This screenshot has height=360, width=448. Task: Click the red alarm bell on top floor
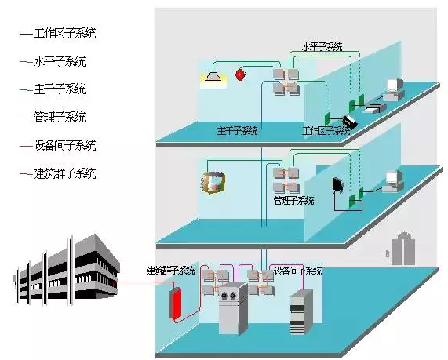(240, 75)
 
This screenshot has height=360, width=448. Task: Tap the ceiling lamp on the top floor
(213, 77)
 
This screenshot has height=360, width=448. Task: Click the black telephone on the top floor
(350, 122)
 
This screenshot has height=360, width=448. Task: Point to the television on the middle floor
(213, 182)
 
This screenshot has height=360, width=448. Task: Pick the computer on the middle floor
(393, 181)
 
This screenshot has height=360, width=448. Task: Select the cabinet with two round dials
(232, 308)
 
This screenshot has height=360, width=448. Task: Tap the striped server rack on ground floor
(301, 312)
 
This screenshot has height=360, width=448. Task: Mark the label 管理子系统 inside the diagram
(293, 201)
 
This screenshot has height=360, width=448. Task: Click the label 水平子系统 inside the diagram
(322, 47)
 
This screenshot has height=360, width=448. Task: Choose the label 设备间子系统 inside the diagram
(297, 271)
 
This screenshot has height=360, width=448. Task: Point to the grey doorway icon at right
(402, 249)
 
